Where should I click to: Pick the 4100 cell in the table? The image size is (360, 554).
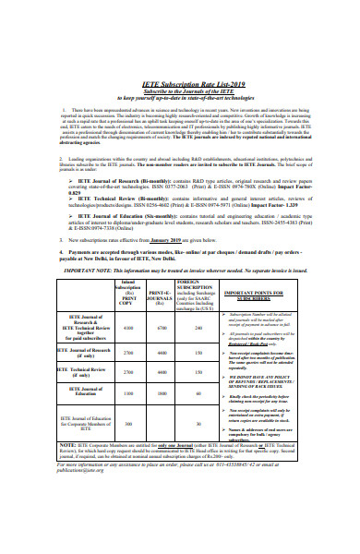click(128, 328)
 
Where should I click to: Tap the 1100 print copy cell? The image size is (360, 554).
click(128, 392)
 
